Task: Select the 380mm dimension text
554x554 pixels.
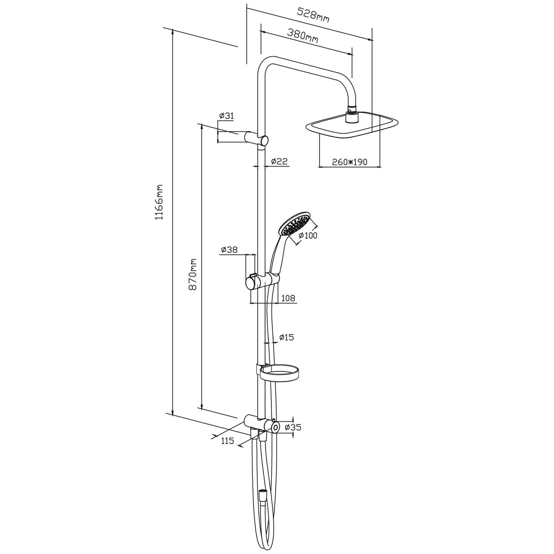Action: (x=303, y=34)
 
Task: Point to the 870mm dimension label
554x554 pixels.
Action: (x=193, y=274)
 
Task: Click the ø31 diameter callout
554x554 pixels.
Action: (x=227, y=116)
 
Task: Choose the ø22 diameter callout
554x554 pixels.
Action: (x=280, y=161)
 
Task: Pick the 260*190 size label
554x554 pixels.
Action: (x=349, y=162)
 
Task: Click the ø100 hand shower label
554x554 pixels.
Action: (x=308, y=235)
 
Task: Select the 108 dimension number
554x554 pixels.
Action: (x=288, y=298)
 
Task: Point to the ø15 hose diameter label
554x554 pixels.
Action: (x=286, y=338)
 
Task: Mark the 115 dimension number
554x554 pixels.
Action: (x=228, y=441)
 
